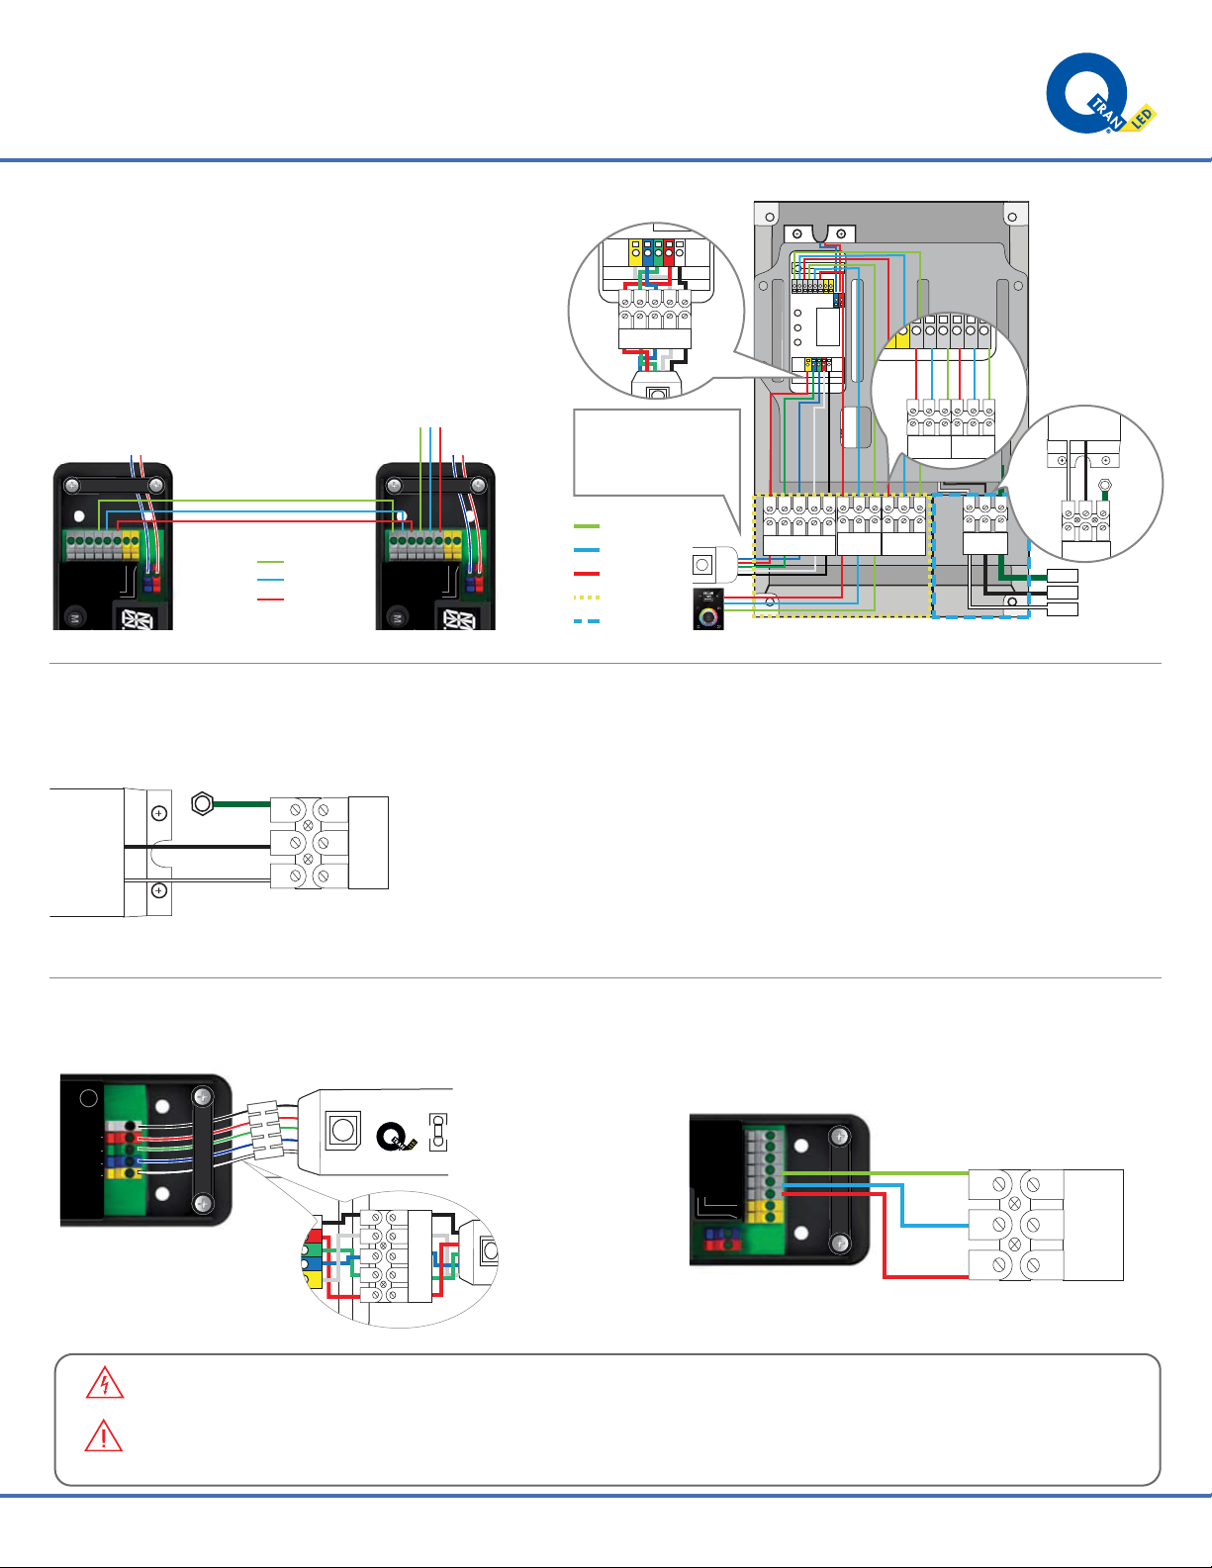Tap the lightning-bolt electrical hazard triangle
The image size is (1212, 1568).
[x=105, y=1383]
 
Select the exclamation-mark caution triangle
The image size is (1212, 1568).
[x=104, y=1436]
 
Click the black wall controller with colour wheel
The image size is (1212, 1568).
[x=708, y=609]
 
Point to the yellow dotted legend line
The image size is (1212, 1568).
[x=587, y=598]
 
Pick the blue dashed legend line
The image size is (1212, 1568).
[x=587, y=621]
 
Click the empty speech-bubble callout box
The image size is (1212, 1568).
[x=656, y=452]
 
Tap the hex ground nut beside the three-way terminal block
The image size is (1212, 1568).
[x=202, y=803]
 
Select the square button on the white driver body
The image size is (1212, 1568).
[x=342, y=1129]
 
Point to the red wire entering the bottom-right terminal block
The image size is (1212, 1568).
[x=925, y=1276]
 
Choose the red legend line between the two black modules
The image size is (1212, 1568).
[x=270, y=600]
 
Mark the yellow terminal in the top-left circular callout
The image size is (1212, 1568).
[x=634, y=252]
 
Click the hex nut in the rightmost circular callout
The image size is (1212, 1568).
[x=1105, y=486]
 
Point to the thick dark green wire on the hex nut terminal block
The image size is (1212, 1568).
[x=242, y=804]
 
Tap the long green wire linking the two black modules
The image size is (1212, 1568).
[x=277, y=502]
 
